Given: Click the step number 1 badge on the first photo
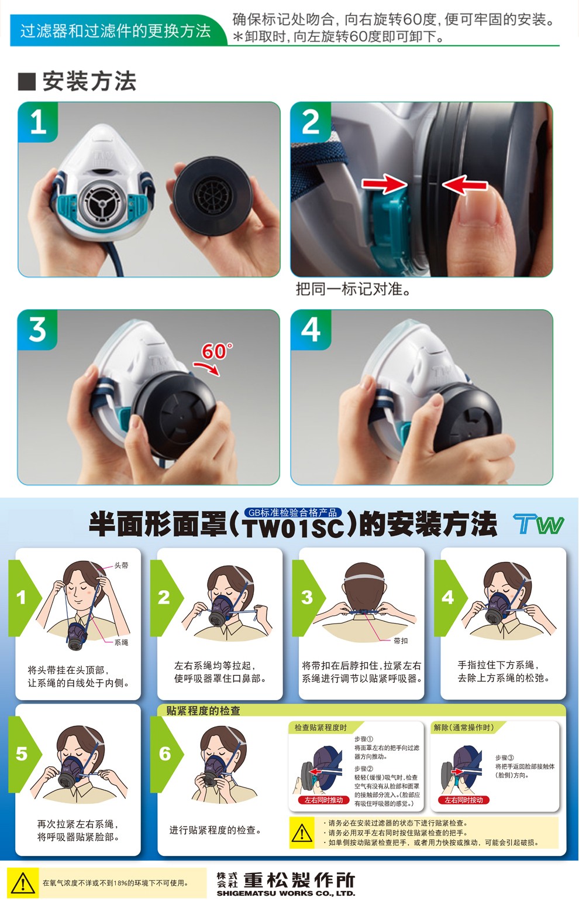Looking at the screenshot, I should click(x=37, y=121).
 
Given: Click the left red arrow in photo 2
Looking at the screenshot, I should click(x=384, y=185).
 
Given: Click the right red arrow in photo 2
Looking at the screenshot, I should click(x=465, y=184).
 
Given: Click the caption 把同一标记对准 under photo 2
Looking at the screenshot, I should click(x=353, y=289).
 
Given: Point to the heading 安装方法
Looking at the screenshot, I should click(x=89, y=81).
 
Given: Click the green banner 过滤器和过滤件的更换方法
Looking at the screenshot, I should click(x=116, y=31).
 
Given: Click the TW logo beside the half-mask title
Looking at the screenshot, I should click(x=538, y=524).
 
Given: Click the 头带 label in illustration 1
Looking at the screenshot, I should click(x=121, y=566).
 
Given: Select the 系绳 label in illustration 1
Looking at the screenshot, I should click(x=121, y=642).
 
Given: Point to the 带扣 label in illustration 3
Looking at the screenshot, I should click(x=400, y=641).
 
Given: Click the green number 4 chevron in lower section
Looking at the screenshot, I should click(x=449, y=597).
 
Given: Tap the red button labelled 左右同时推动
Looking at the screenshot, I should click(x=323, y=800).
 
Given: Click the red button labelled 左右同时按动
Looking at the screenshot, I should click(x=463, y=800).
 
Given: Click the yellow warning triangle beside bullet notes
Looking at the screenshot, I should click(x=302, y=832).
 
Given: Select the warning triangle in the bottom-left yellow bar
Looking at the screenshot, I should click(x=23, y=882).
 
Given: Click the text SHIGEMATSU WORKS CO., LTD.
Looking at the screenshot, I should click(x=285, y=893).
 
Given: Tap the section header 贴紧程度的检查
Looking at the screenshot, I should click(x=203, y=710).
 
